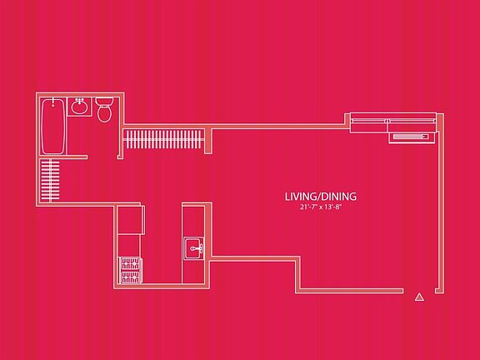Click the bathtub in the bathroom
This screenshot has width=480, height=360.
(53, 126)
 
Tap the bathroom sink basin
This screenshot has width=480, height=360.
(80, 107)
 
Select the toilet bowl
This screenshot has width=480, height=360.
(104, 113)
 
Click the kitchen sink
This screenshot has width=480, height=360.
(194, 248)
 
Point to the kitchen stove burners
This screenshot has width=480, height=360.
(130, 271)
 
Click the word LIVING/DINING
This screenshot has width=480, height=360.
(321, 197)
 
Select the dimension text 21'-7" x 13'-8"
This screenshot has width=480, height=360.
(321, 207)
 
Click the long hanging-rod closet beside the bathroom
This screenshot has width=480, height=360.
(163, 139)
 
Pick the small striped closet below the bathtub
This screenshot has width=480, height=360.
(50, 180)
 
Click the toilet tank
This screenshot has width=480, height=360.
(104, 102)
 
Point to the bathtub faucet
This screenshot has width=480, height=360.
(53, 102)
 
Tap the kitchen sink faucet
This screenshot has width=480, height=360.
(196, 248)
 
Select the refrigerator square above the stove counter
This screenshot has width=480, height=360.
(131, 220)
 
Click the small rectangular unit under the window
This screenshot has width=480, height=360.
(412, 137)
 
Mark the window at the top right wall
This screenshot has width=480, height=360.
(393, 122)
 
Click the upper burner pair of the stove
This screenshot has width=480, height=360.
(130, 264)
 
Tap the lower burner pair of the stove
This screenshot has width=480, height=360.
(130, 277)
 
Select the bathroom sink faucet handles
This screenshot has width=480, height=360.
(80, 100)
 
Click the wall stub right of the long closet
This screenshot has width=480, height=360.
(208, 141)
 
